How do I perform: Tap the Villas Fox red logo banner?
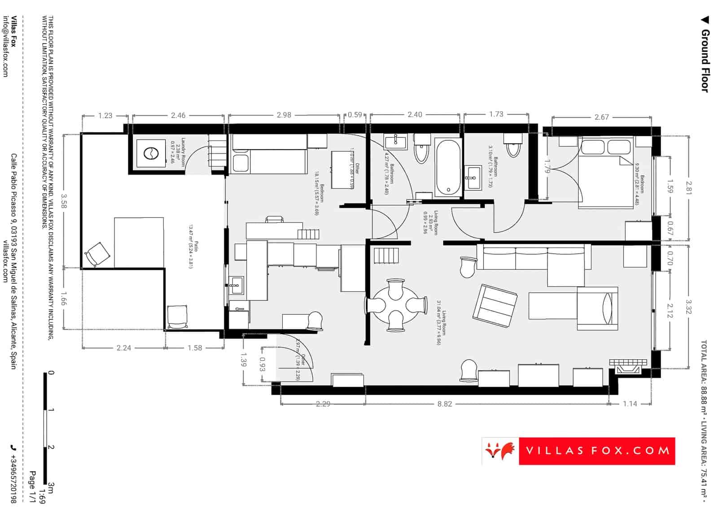tap(578, 451)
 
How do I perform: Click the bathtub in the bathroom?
tap(447, 167)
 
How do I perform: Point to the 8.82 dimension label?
tap(445, 404)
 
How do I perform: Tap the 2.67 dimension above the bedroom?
tap(602, 117)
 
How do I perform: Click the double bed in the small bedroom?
tap(606, 173)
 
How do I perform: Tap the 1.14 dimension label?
tap(630, 404)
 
